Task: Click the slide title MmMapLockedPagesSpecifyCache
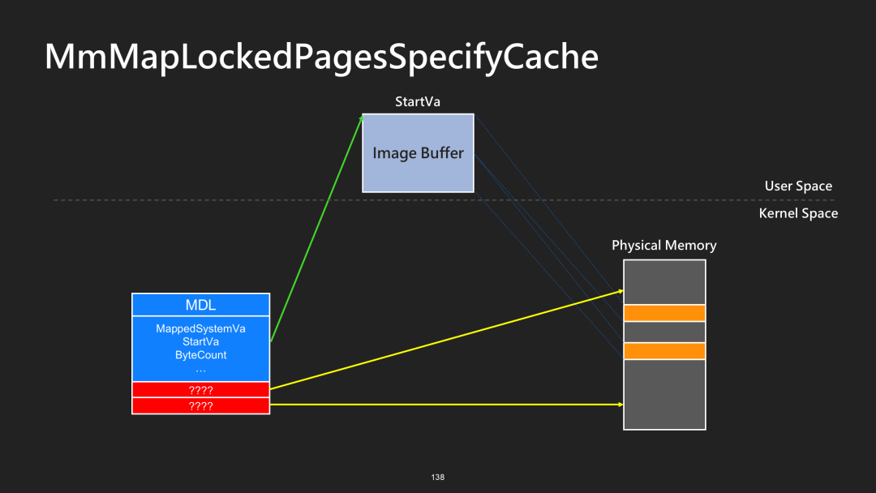pos(321,57)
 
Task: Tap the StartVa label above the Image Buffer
pos(417,101)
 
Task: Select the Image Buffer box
pos(418,152)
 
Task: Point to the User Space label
pos(798,186)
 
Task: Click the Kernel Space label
pos(798,213)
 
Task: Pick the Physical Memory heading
pos(663,245)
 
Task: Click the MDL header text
pos(200,305)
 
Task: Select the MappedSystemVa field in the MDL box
pos(200,328)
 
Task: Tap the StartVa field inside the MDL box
pos(200,342)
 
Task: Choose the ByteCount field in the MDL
pos(200,355)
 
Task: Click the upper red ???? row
pos(200,390)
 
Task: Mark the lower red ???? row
pos(200,405)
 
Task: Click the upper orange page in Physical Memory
pos(664,313)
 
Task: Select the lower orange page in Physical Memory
pos(664,351)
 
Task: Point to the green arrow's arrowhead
pos(361,118)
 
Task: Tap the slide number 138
pos(438,477)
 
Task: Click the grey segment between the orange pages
pos(664,332)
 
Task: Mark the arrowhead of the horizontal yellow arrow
pos(620,404)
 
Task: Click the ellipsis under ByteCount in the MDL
pos(200,370)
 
